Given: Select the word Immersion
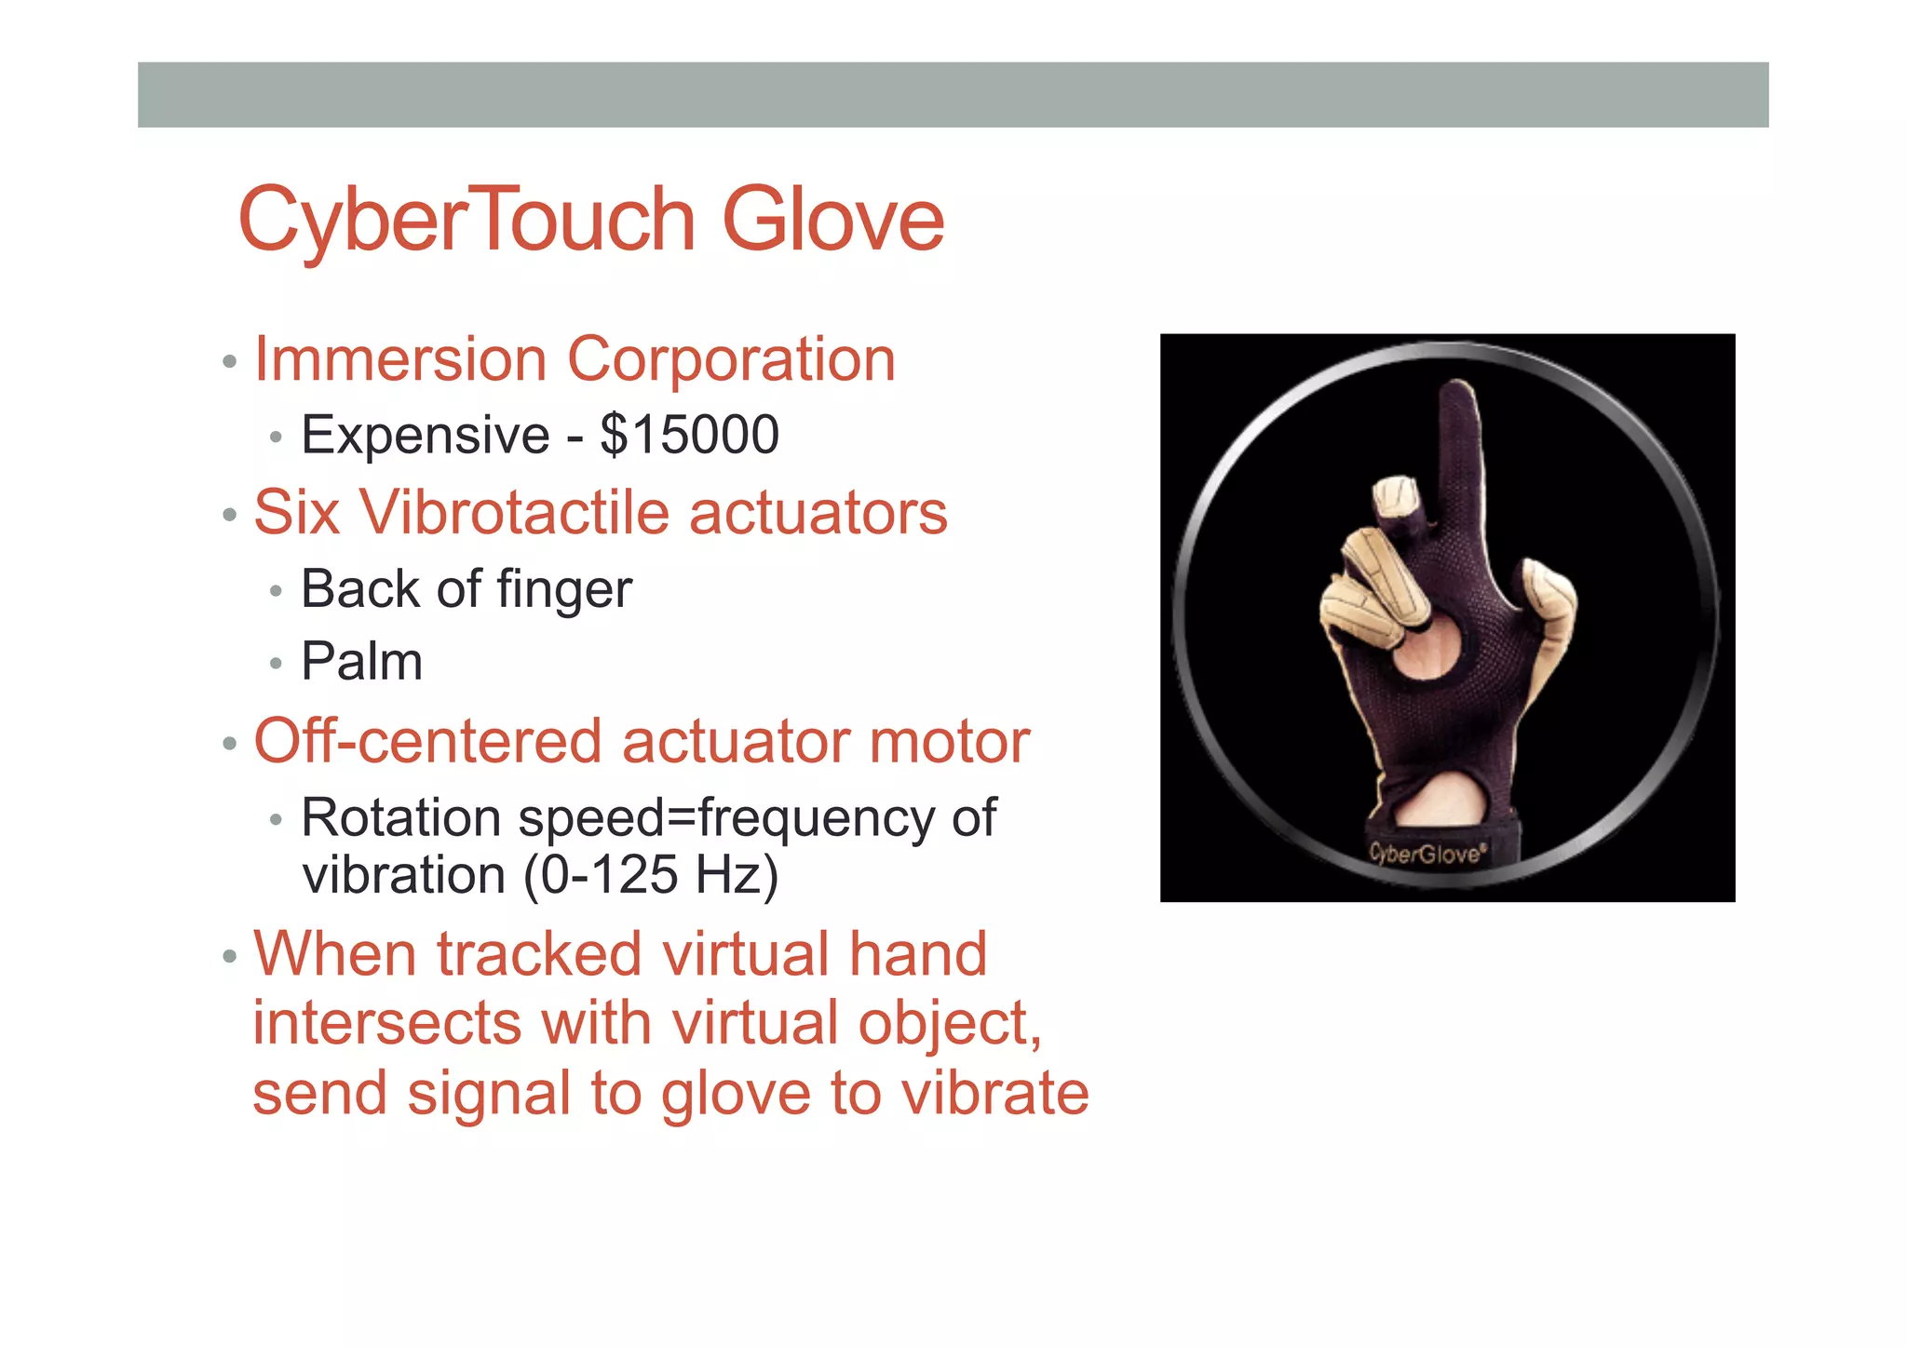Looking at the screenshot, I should point(400,359).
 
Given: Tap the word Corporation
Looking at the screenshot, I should point(731,359).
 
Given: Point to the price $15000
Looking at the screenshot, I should point(689,435).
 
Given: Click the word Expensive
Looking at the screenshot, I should point(426,435).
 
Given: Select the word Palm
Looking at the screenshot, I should point(361,662).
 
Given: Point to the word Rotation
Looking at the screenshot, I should point(400,817).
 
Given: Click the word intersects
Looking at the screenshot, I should point(386,1023).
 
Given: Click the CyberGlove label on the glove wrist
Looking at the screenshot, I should point(1427,852).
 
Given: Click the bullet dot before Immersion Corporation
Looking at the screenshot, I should point(230,361).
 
